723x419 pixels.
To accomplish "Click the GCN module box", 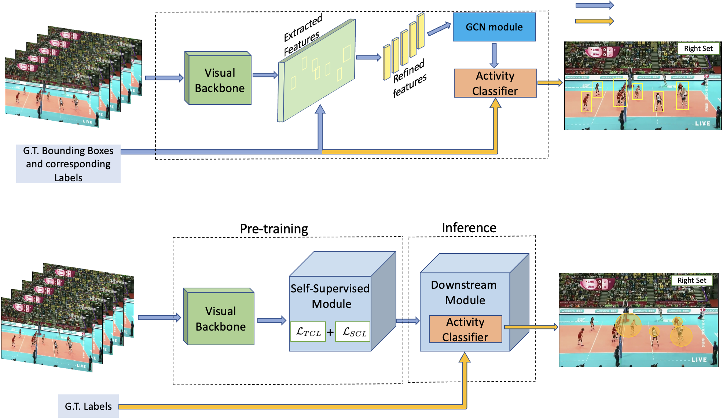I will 494,27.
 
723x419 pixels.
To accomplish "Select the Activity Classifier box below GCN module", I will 495,83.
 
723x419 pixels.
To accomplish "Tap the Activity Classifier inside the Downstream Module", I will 465,329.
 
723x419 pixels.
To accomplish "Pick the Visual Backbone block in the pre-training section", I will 220,318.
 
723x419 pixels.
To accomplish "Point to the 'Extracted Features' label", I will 302,36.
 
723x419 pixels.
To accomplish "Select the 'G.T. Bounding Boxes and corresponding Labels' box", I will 68,164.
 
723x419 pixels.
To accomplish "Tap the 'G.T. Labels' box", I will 88,406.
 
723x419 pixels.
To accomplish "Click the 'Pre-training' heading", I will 274,229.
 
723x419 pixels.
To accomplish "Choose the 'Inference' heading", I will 469,228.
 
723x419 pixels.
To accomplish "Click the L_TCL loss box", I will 308,332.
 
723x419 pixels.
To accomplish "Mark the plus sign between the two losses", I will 330,332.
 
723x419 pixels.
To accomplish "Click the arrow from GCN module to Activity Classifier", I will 494,55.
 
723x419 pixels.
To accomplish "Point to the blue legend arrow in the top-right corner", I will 594,6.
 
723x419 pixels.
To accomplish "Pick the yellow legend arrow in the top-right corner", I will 594,21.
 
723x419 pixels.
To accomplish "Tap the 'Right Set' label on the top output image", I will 698,48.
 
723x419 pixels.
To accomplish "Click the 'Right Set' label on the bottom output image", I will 691,280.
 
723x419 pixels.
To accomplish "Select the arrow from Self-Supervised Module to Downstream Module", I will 408,321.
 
